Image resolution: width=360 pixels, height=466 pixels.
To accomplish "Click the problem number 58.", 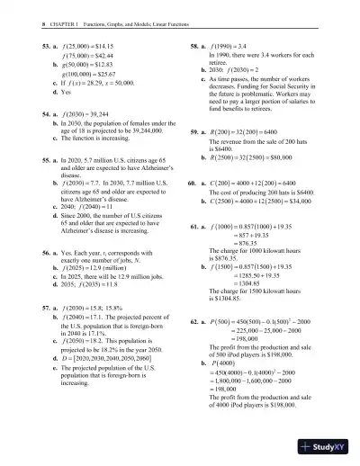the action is click(193, 43).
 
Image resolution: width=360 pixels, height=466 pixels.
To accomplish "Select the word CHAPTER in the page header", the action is click(50, 10).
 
